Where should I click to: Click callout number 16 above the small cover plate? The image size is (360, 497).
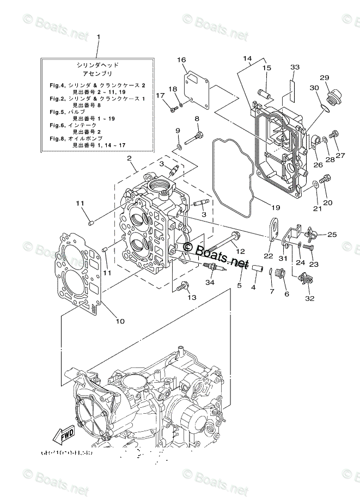pyautogui.click(x=181, y=60)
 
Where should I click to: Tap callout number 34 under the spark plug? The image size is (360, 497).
pyautogui.click(x=210, y=283)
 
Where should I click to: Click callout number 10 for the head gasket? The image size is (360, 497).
pyautogui.click(x=120, y=321)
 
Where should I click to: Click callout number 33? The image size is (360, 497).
pyautogui.click(x=295, y=67)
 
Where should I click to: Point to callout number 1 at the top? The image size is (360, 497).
pyautogui.click(x=98, y=36)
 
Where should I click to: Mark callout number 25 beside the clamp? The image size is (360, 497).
pyautogui.click(x=332, y=235)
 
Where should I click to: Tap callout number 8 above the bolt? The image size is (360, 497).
pyautogui.click(x=197, y=119)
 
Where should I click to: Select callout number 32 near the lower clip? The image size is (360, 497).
pyautogui.click(x=310, y=298)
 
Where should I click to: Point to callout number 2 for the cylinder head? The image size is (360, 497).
pyautogui.click(x=130, y=158)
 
